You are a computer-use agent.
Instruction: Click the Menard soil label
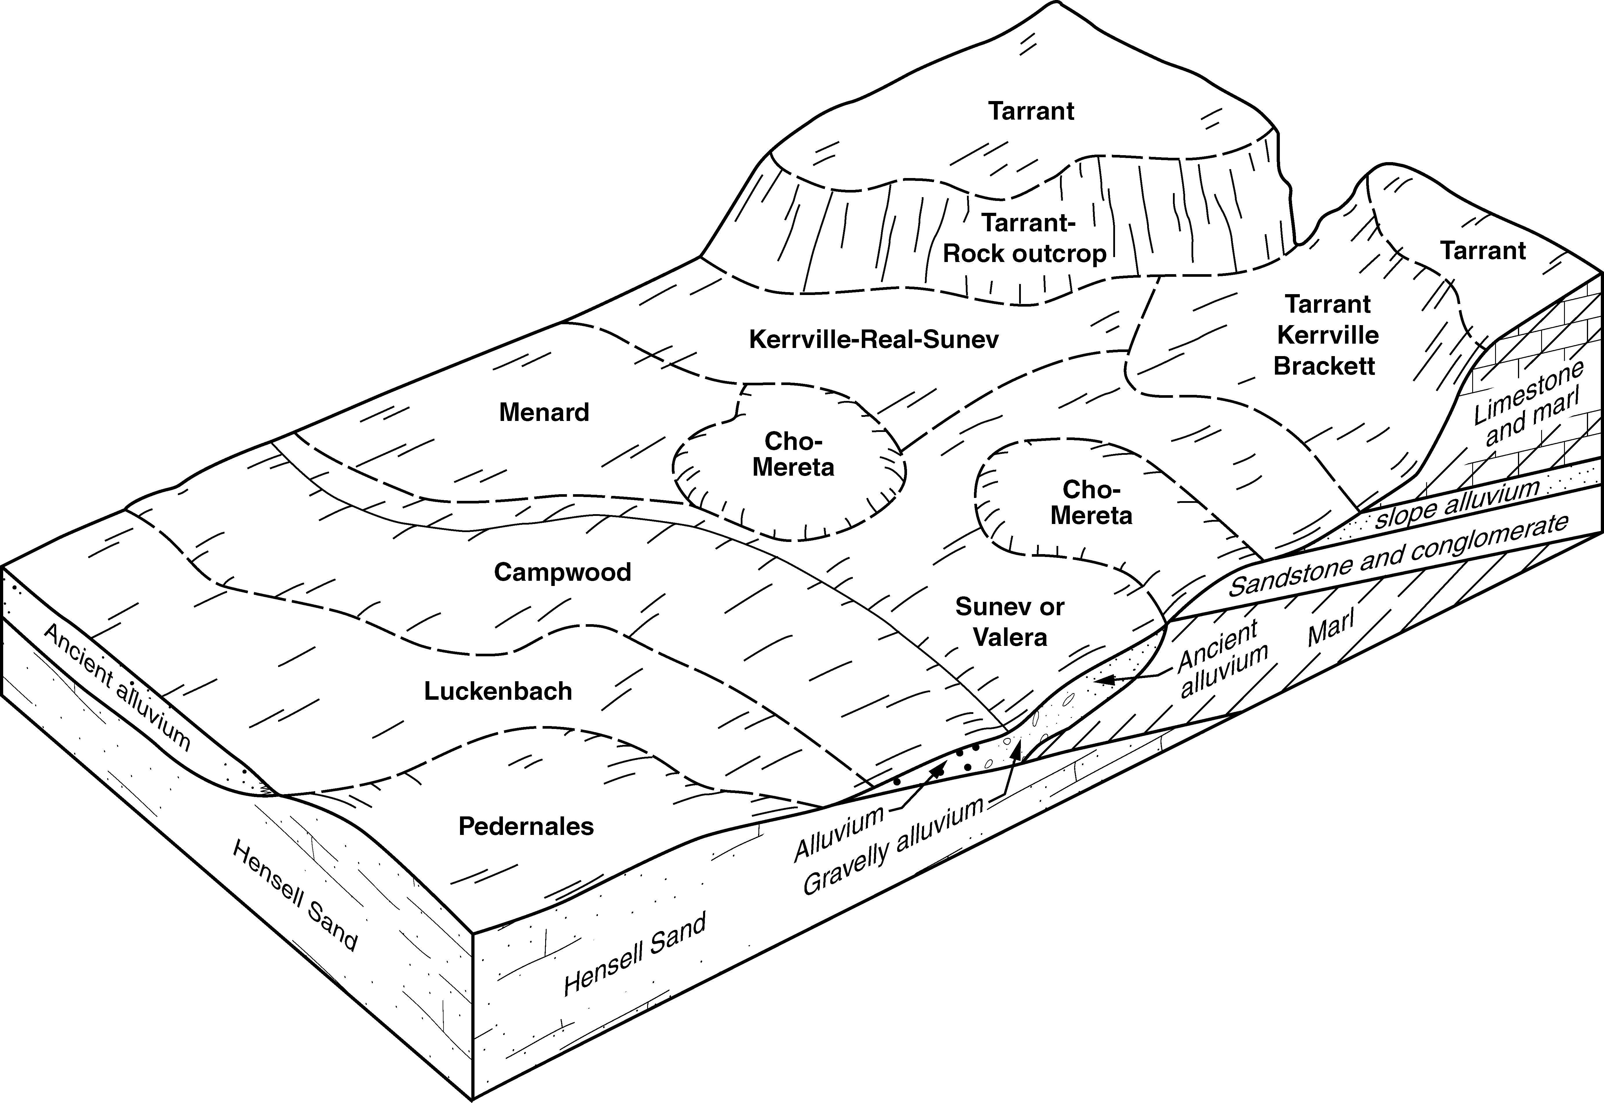pos(544,413)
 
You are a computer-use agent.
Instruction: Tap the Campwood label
pos(562,572)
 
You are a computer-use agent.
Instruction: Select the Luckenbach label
pos(498,691)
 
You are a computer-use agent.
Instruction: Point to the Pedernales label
pos(526,827)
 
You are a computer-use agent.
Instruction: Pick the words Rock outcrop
pos(1025,254)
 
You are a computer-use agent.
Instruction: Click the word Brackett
pos(1324,366)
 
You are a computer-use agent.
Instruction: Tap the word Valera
pos(1010,637)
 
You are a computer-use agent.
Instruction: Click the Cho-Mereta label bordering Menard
pos(793,454)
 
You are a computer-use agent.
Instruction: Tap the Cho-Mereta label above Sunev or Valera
pos(1091,503)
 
